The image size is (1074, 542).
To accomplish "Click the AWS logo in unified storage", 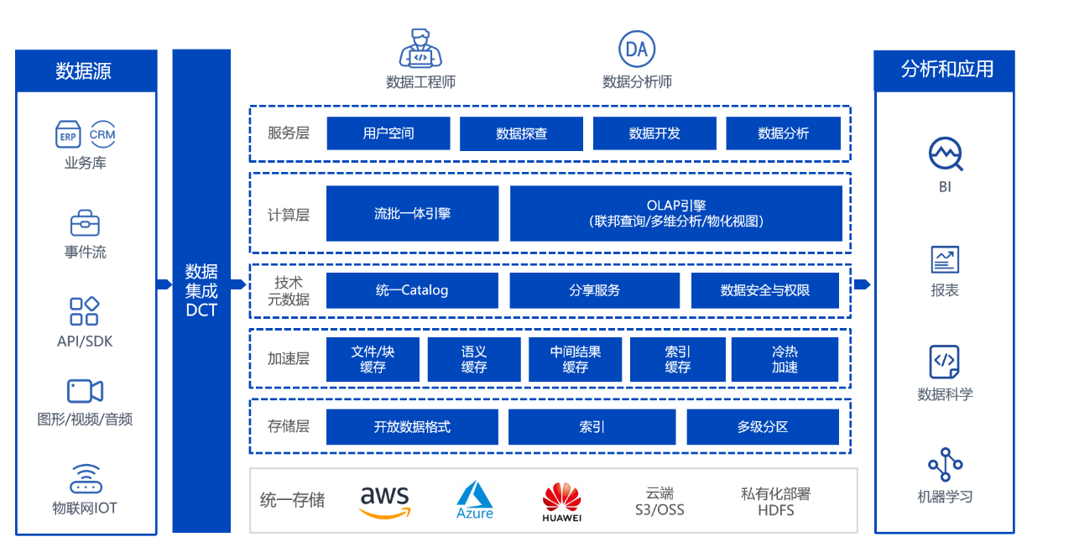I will (385, 501).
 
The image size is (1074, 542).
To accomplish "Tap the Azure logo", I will (475, 500).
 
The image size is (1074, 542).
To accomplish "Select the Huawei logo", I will (561, 502).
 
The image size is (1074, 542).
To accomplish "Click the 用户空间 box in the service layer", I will (388, 133).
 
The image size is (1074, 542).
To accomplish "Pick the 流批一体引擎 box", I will (412, 213).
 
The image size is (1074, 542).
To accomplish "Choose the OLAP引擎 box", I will (675, 213).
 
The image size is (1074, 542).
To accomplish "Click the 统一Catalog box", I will (412, 290).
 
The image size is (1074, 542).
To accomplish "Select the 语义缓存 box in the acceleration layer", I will (474, 359).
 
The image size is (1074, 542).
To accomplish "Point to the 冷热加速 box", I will (785, 359).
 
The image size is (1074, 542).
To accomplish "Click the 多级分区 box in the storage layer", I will (763, 427).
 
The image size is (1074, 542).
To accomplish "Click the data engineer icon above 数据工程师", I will (420, 49).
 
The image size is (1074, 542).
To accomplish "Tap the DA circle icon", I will (637, 50).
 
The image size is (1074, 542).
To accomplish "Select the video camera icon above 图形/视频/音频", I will (85, 391).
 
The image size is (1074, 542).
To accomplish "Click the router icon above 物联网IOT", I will (85, 479).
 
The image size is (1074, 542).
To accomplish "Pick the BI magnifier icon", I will (946, 154).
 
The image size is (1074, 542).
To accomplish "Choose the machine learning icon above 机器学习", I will (945, 465).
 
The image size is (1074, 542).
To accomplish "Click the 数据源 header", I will (86, 70).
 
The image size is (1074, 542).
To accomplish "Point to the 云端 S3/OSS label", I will (660, 501).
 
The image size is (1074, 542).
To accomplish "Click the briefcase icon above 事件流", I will (85, 223).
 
